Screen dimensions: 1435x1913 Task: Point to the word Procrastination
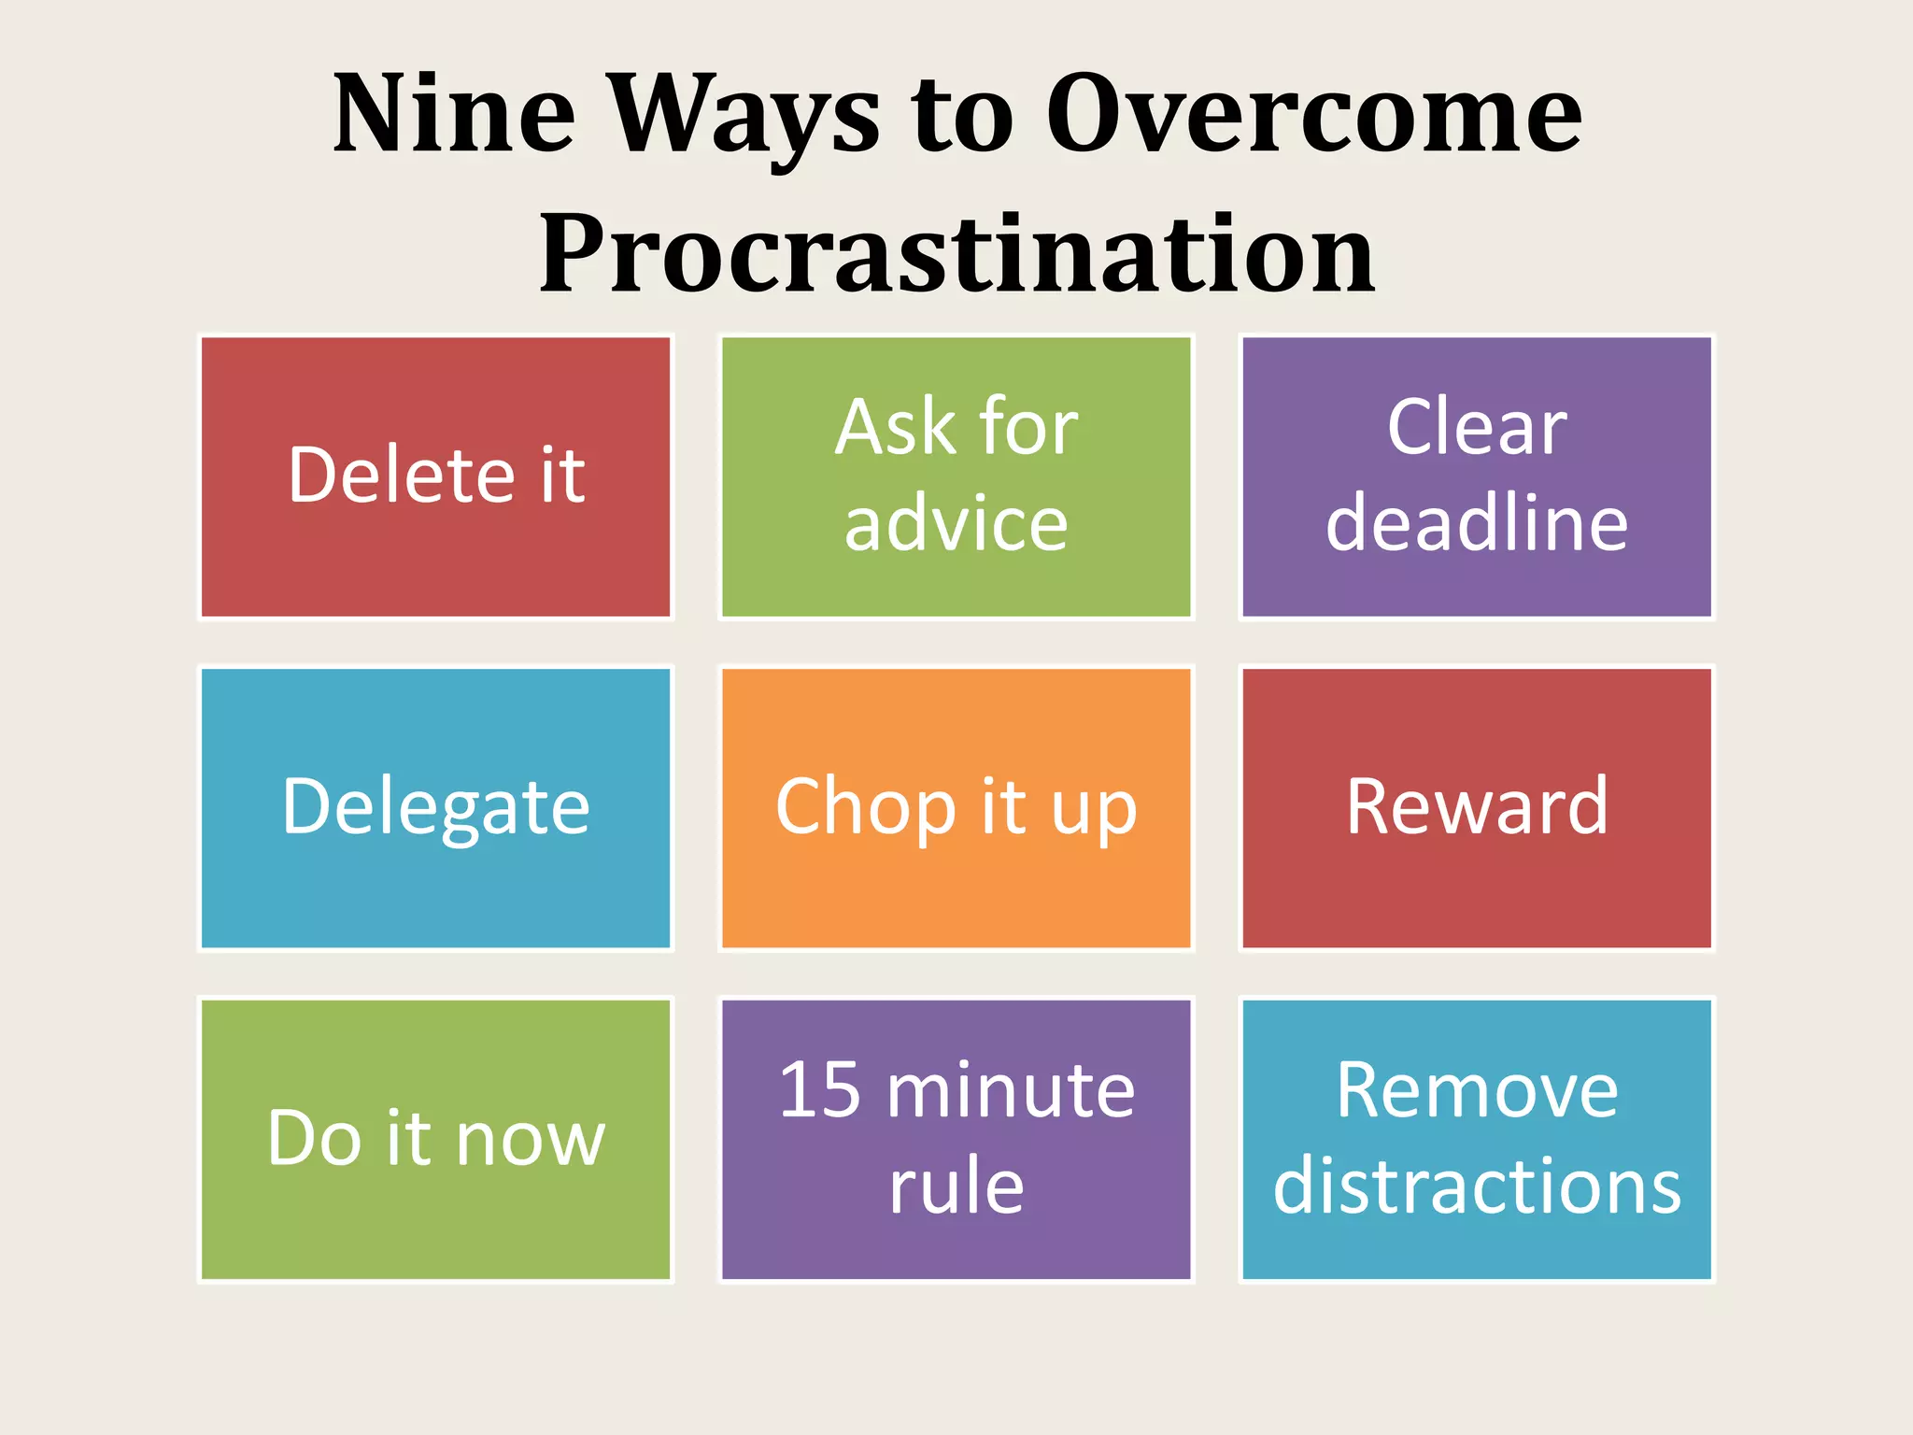click(956, 253)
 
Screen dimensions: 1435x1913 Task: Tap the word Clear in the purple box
click(1477, 428)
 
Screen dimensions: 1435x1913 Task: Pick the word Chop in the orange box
click(865, 807)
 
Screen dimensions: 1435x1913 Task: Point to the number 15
click(819, 1090)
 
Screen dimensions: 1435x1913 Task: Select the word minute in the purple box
click(1011, 1090)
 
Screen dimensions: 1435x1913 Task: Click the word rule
click(956, 1186)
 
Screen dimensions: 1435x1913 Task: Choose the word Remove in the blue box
click(1477, 1090)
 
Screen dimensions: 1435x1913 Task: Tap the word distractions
click(1477, 1186)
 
